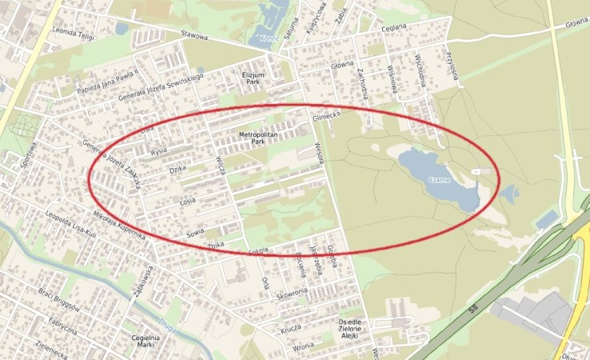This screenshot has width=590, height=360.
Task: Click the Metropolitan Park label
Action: [257, 138]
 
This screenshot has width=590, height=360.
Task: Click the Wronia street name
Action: [302, 346]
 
